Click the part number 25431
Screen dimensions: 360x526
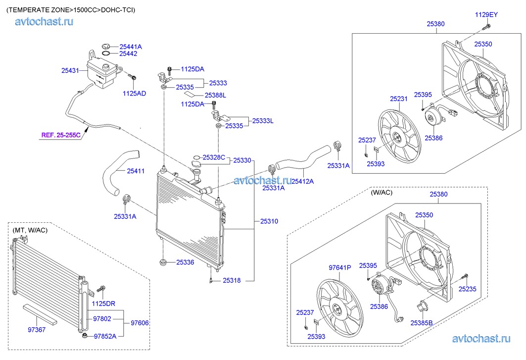coord(70,71)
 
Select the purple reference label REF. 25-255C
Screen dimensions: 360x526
coord(60,134)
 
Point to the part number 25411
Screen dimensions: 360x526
coord(136,171)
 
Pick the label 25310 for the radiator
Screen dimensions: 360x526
coord(270,221)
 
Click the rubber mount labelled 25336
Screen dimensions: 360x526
coord(162,262)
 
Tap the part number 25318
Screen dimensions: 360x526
coord(231,280)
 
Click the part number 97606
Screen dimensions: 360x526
coord(140,323)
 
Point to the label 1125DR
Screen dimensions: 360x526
coord(104,303)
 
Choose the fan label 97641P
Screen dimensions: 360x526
coord(340,268)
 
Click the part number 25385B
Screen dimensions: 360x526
coord(421,323)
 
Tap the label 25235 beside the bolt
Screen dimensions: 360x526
coord(467,289)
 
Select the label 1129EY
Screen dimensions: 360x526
coord(486,15)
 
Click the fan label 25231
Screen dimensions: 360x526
coord(398,99)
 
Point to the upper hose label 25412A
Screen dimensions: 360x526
coord(302,182)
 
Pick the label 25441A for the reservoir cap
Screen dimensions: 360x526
coord(131,47)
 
